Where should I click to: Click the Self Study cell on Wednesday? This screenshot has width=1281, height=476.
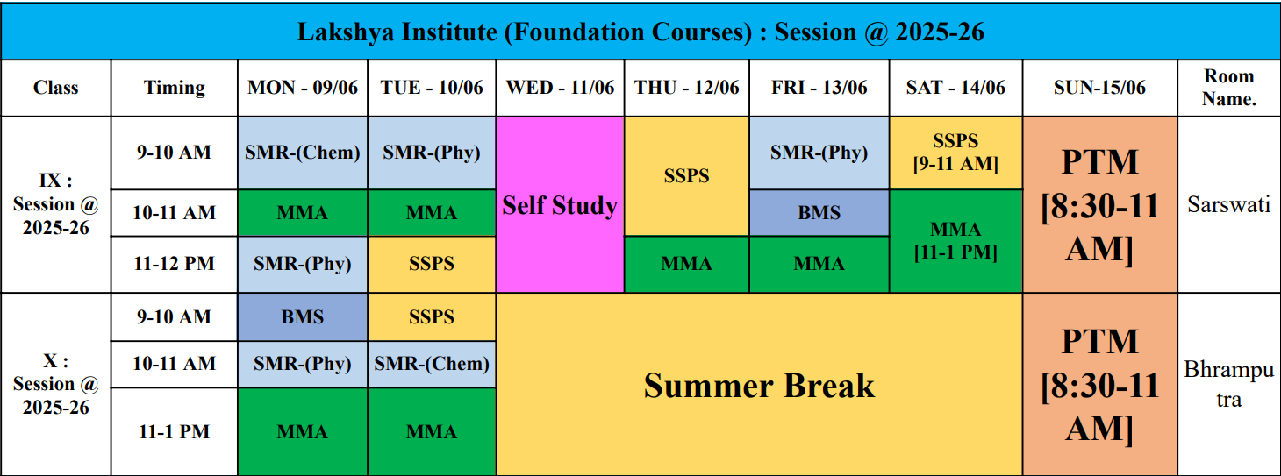point(560,205)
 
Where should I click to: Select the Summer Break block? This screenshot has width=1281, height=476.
point(759,385)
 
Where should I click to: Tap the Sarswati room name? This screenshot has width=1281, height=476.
point(1228,204)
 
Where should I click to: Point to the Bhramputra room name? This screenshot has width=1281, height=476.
point(1228,384)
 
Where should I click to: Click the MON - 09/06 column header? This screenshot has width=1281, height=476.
point(303,88)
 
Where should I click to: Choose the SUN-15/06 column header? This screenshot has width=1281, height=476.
point(1099,88)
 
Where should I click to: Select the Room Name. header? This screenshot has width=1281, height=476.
point(1228,88)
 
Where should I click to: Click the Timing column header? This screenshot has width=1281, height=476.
point(174,88)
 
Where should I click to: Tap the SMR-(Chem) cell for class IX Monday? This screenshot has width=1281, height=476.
point(303,153)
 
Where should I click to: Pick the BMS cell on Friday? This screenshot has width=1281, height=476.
point(819,212)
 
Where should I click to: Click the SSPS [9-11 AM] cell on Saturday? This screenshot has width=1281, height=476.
point(955,153)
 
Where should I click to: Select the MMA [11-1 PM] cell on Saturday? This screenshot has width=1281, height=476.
point(955,240)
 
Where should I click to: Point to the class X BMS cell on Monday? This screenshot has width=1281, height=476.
point(303,317)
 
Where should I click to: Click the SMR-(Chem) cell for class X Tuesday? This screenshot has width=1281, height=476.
point(432,364)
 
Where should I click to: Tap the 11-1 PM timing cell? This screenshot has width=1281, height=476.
point(174,431)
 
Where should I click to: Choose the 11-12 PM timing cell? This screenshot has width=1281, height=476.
point(174,264)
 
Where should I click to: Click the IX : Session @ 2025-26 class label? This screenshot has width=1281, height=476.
point(55,204)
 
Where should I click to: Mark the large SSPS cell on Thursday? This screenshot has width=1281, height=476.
point(686,176)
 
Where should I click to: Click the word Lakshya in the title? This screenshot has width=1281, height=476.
point(346,32)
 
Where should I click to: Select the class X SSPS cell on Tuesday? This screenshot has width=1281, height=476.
point(432,317)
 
